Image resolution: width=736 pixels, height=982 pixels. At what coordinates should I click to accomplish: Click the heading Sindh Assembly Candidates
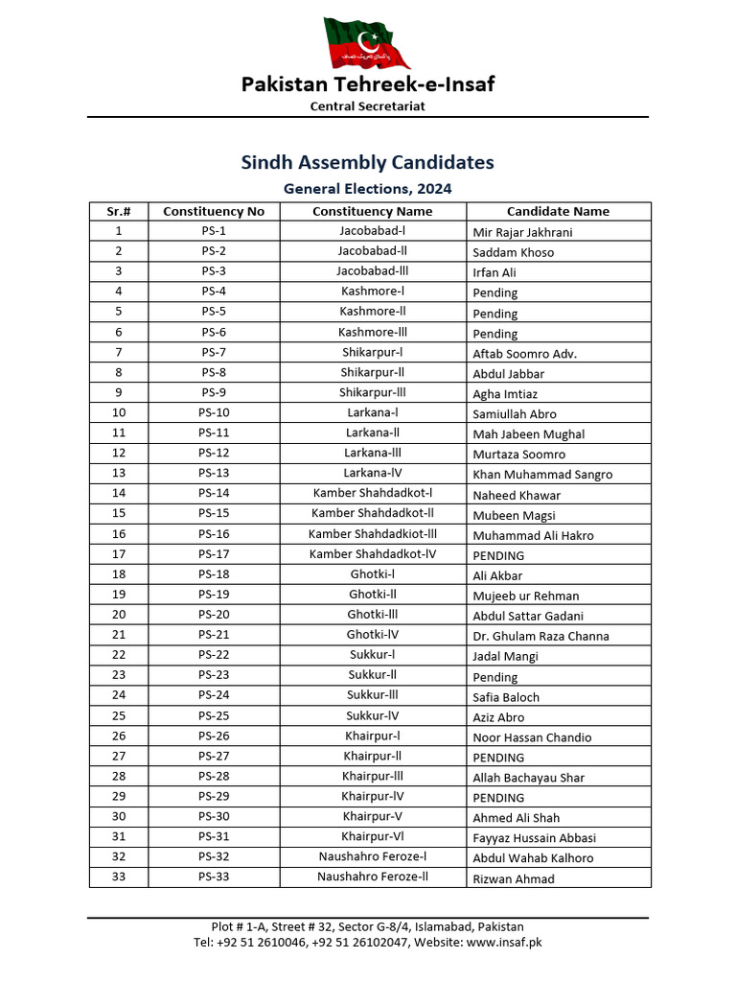coord(367,162)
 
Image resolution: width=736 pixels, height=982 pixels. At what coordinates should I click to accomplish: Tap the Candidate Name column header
coord(558,211)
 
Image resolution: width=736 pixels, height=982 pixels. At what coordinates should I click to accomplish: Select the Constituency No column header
coord(214,211)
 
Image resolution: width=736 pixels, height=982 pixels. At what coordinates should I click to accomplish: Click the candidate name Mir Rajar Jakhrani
coord(523,232)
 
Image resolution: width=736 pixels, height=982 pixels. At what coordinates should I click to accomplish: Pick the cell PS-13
coord(214,473)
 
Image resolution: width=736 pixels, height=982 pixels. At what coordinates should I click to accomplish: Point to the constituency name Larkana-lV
coord(373,473)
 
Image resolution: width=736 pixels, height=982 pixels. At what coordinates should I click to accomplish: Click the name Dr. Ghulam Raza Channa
coord(540,636)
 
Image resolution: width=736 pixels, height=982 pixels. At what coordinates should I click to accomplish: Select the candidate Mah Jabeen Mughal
coord(528,433)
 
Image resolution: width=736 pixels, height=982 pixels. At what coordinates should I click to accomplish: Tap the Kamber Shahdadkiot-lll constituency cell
coord(373,534)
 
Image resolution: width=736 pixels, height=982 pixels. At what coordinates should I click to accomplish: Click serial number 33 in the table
coord(119,877)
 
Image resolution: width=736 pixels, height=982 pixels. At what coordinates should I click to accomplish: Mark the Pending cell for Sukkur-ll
coord(494,677)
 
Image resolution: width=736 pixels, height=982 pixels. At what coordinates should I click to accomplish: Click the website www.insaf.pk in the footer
coord(504,943)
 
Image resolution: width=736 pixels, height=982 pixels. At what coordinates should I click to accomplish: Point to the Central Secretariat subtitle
coord(367,106)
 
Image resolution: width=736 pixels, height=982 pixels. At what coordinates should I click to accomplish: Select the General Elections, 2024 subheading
coord(367,189)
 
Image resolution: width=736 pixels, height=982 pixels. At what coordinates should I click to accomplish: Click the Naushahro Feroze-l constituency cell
coord(373,857)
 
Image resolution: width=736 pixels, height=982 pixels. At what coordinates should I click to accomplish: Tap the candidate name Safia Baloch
coord(506,697)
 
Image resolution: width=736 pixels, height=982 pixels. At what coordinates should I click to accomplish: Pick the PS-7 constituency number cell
coord(214,352)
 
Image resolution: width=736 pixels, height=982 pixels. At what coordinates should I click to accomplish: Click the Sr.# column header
coord(119,211)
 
